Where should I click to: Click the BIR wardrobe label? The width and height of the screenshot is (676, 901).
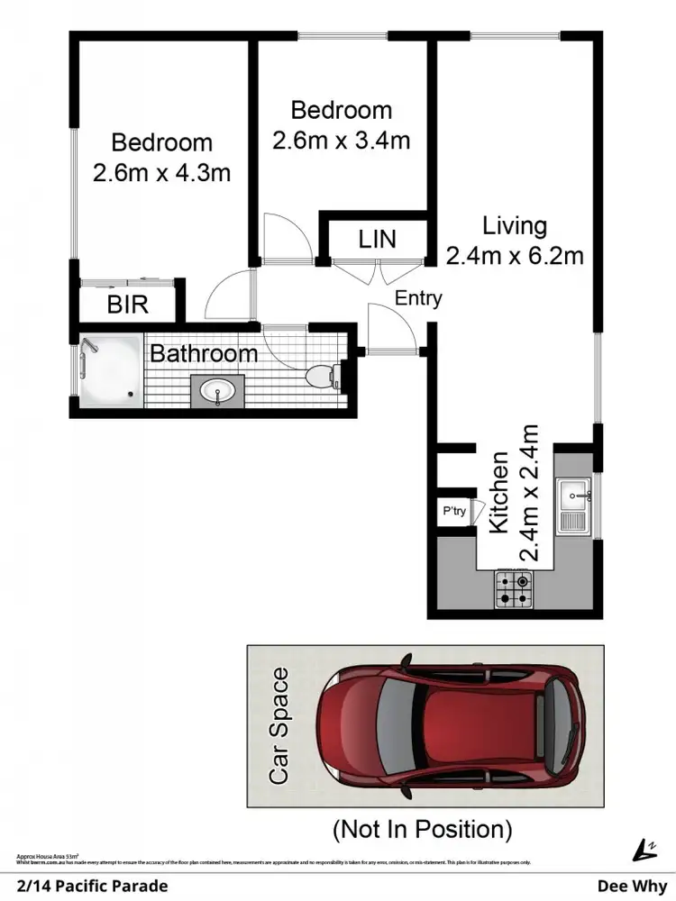[127, 305]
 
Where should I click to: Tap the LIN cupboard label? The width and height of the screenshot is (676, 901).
[377, 239]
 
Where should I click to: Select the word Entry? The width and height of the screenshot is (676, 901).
[418, 298]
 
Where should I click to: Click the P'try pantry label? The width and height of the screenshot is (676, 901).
[454, 512]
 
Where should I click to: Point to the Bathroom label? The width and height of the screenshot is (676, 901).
[204, 353]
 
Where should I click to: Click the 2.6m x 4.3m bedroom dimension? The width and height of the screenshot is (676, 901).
[162, 172]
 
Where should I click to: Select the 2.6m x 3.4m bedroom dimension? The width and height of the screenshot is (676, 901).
[342, 140]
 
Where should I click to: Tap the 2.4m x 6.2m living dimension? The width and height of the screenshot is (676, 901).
[515, 255]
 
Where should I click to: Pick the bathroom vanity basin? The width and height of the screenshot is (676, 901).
[216, 392]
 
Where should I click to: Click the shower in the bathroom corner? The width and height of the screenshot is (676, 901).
[109, 369]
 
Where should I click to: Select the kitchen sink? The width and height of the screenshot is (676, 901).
[573, 505]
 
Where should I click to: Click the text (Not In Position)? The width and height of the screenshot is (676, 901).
[422, 827]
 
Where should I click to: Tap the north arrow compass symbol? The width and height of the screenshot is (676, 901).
[644, 849]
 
